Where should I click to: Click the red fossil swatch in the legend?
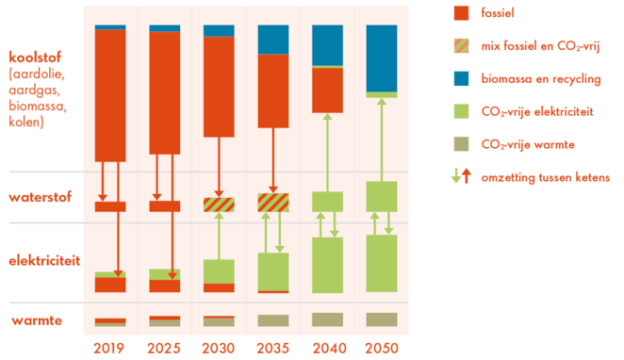click(x=461, y=13)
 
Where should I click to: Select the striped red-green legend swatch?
click(x=461, y=46)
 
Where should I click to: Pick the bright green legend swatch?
click(x=461, y=111)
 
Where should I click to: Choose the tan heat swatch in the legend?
click(x=461, y=144)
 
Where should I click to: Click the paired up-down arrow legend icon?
click(x=461, y=176)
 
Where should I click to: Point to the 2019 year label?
click(x=109, y=347)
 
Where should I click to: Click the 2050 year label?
click(x=381, y=347)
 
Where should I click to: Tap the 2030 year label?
click(x=218, y=347)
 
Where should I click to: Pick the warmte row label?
click(x=30, y=320)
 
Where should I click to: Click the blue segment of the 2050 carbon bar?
click(x=381, y=57)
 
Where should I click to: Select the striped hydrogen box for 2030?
click(x=219, y=205)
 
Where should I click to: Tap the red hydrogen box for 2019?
click(x=110, y=206)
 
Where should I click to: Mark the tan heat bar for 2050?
click(x=381, y=319)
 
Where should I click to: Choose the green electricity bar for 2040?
click(x=327, y=265)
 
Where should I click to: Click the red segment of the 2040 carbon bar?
click(x=327, y=90)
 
